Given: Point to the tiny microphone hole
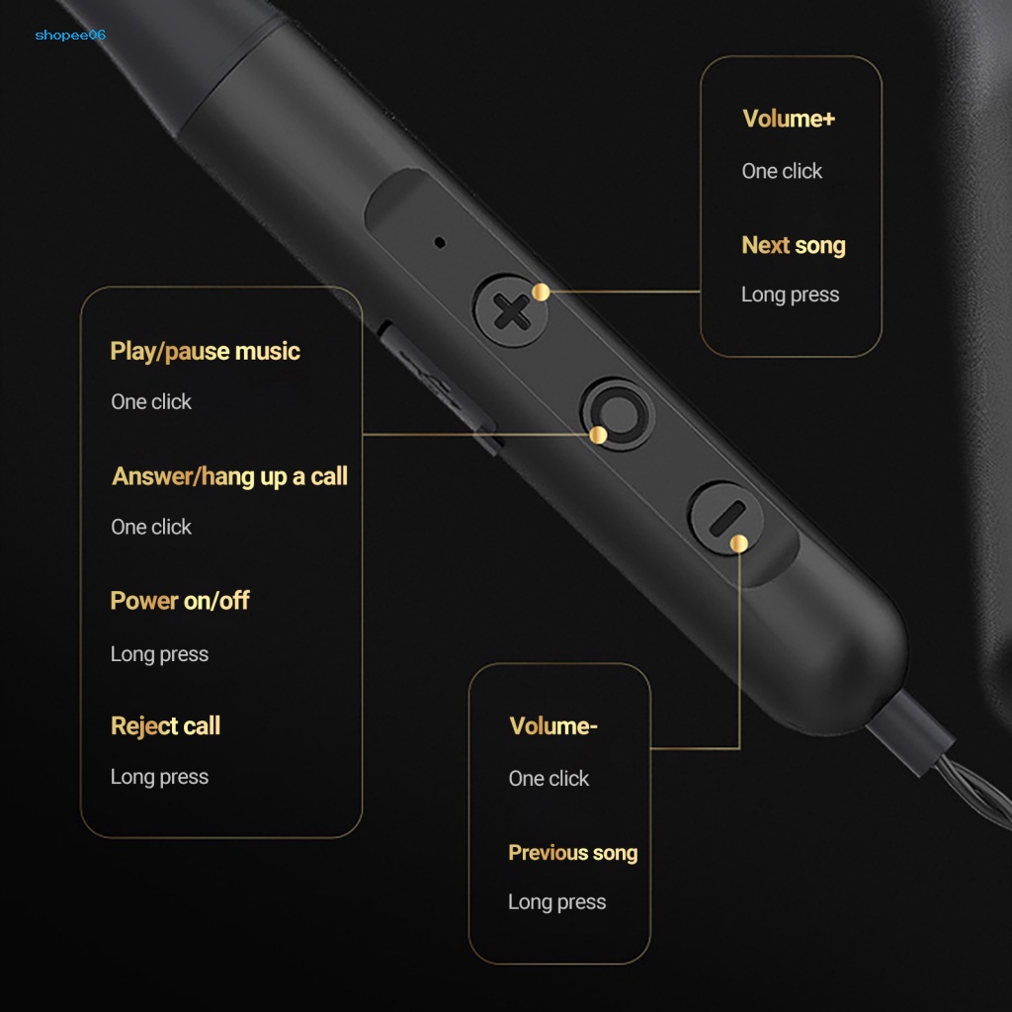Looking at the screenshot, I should coord(440,241).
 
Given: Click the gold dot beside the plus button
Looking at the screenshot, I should coord(541,292).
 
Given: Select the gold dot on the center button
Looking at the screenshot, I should coord(598,435).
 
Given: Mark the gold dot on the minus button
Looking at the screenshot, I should coord(738,543).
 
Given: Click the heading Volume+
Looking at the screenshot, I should coord(789,119).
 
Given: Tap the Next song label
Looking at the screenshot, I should coord(794,245).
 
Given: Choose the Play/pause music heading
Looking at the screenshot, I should coord(205,351).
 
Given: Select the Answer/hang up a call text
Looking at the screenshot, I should coord(229,476).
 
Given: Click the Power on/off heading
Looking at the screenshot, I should coord(180,601).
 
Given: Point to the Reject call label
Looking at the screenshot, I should coord(165,726).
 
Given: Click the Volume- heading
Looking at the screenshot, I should coord(553,726).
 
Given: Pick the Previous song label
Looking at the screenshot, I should coord(573,853).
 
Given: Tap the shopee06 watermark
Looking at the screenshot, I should coord(69,36).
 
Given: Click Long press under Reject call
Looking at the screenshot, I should coord(159,777).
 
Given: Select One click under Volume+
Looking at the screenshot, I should coord(782,171).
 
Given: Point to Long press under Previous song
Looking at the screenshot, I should coord(556,901).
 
